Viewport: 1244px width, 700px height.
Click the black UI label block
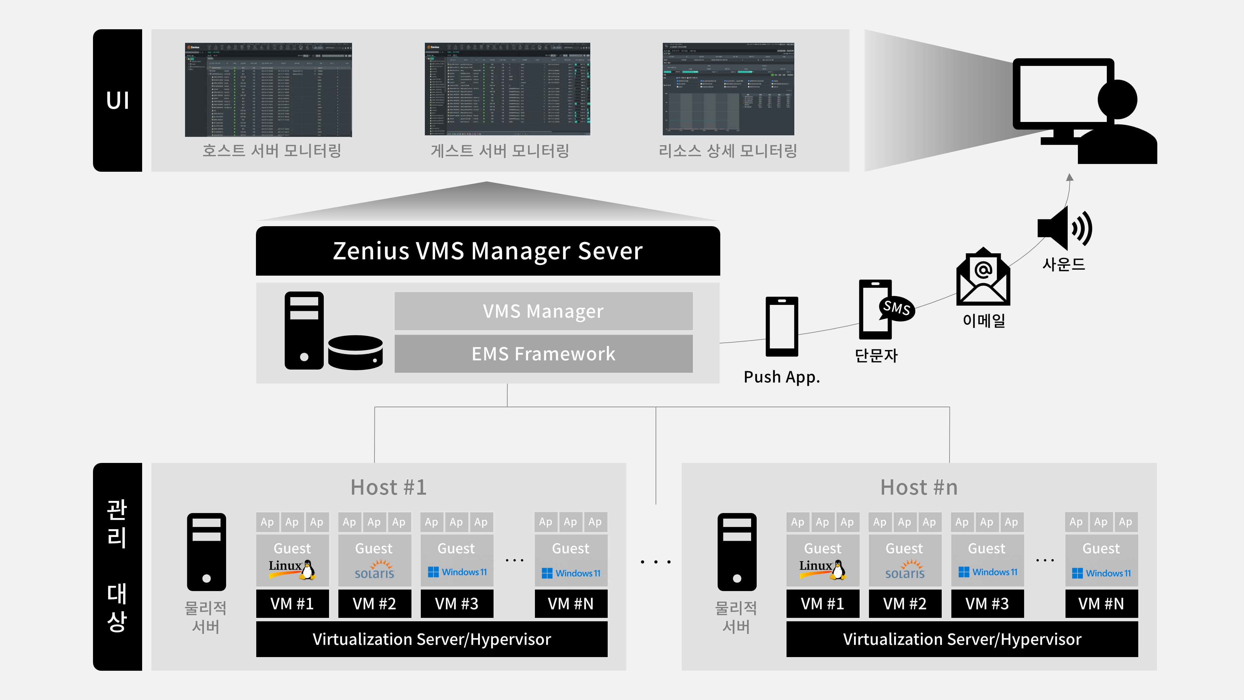click(x=117, y=100)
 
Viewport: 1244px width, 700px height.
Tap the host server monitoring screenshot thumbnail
click(x=268, y=90)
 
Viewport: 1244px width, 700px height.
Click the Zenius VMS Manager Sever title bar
click(x=488, y=251)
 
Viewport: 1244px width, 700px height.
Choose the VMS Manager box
click(x=543, y=311)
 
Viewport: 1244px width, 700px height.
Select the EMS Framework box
click(x=543, y=354)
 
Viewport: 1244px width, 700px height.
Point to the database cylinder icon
click(x=355, y=353)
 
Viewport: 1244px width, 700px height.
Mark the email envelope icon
click(x=983, y=278)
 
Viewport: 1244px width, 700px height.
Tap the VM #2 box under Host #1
click(x=374, y=603)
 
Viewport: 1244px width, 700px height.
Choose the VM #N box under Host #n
click(x=1101, y=603)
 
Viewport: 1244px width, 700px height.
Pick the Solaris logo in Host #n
click(x=904, y=570)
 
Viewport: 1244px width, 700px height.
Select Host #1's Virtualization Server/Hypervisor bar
click(x=432, y=639)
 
